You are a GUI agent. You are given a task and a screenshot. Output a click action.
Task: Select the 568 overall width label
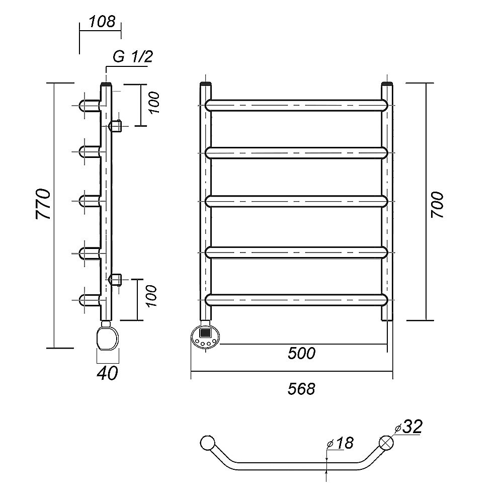pos(302,389)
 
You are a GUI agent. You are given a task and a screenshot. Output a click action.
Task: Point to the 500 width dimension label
pos(302,354)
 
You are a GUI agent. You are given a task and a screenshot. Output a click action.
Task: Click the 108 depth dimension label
pos(102,22)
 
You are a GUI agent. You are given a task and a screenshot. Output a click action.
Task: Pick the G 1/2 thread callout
pos(132,57)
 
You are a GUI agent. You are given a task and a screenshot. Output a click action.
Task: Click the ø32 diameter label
pos(408,428)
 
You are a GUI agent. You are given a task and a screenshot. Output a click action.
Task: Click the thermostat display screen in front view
pos(206,332)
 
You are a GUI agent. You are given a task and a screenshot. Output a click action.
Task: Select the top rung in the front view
pos(297,105)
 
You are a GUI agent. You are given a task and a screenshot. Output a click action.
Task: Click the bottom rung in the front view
pos(297,299)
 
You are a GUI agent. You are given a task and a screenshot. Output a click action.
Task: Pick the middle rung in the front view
pos(297,201)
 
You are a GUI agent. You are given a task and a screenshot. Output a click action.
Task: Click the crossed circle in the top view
pos(387,443)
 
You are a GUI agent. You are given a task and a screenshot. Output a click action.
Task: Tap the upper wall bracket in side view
pos(116,125)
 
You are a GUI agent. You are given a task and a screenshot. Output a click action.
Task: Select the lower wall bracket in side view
pos(116,279)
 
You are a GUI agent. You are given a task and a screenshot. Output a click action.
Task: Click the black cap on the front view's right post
pos(387,83)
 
